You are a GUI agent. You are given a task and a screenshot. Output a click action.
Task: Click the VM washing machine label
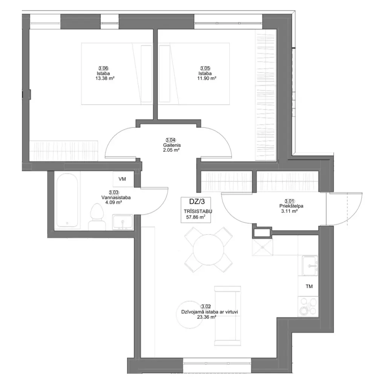[122, 179]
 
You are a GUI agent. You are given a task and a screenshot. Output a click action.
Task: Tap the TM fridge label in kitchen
[309, 286]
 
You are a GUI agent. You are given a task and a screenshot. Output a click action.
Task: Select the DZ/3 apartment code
[197, 202]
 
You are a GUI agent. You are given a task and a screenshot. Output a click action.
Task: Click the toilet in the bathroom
[97, 217]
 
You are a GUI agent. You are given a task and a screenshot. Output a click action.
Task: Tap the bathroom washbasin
[123, 223]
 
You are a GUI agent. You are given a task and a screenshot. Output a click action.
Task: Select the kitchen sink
[310, 266]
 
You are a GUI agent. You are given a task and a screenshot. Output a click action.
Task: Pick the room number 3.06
[103, 69]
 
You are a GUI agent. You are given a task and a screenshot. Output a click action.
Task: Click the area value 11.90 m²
[207, 78]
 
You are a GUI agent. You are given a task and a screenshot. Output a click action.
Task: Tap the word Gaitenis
[171, 145]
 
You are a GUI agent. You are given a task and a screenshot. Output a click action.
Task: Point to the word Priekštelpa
[291, 206]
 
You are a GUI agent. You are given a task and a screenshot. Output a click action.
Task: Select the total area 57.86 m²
[196, 217]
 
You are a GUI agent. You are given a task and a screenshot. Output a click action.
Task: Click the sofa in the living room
[227, 316]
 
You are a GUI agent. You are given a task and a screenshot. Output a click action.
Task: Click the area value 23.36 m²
[207, 317]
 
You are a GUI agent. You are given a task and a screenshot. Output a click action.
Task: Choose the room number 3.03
[114, 192]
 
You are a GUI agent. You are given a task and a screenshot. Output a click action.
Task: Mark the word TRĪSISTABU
[198, 211]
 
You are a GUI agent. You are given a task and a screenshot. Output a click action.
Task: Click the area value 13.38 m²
[105, 78]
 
